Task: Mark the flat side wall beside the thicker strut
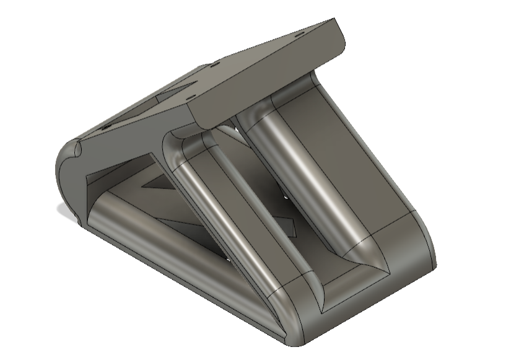click(x=359, y=155)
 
